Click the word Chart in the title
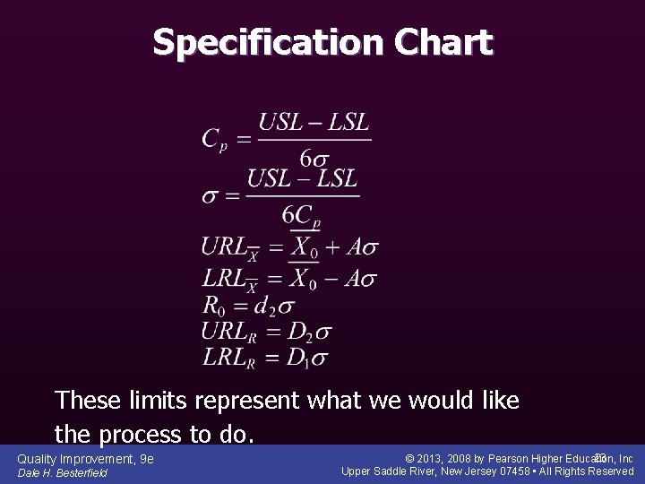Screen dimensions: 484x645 pos(447,42)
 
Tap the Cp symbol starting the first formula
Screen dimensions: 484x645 pos(214,139)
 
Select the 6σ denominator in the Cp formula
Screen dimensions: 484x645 pos(316,159)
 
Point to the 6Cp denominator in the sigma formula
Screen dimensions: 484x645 pos(302,215)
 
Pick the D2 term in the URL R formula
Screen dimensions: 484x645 pos(298,332)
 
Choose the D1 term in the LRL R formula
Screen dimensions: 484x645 pos(297,359)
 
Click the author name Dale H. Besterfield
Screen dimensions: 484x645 pos(62,473)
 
